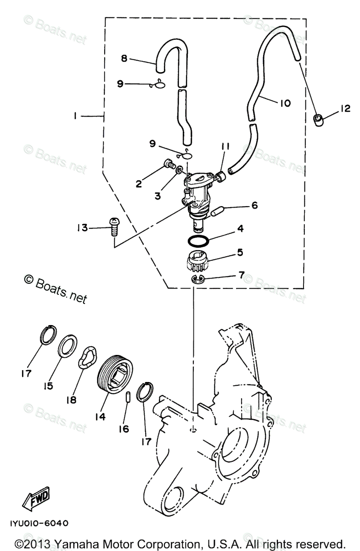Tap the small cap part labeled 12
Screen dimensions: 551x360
pyautogui.click(x=318, y=120)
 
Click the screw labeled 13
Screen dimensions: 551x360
pyautogui.click(x=113, y=226)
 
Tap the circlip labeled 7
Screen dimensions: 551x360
pyautogui.click(x=197, y=280)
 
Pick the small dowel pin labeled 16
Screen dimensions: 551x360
pyautogui.click(x=129, y=396)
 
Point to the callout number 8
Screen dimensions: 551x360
pyautogui.click(x=124, y=58)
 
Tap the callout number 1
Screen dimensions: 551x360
pyautogui.click(x=74, y=117)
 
